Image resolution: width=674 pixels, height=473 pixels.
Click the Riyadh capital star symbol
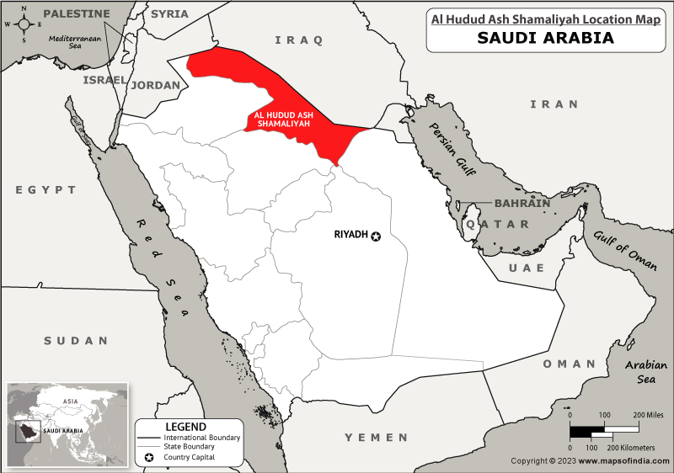click(x=376, y=236)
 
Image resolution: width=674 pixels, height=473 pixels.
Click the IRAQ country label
click(x=299, y=40)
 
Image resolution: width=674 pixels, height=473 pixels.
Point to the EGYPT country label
click(x=45, y=190)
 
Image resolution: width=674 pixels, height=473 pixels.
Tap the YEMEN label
click(x=377, y=438)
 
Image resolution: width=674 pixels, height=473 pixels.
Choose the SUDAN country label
click(x=77, y=341)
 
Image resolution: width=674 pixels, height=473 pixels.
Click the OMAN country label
click(x=569, y=364)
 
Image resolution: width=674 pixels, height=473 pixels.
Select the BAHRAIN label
click(x=522, y=204)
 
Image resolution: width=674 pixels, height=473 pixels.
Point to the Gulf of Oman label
click(x=624, y=250)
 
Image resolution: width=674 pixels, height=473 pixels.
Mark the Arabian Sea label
click(x=646, y=372)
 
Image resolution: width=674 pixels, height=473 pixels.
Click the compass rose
click(x=24, y=24)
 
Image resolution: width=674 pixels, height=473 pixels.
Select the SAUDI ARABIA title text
click(x=546, y=38)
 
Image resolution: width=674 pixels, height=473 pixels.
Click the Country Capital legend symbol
click(x=150, y=457)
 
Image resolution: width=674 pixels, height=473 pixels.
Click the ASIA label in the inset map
click(x=70, y=401)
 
